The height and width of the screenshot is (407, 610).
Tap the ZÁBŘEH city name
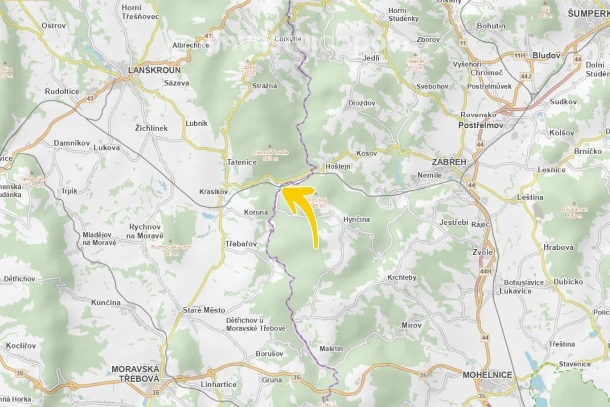point(448,161)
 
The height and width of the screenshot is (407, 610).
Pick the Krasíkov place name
point(212,192)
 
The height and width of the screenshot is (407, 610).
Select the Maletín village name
point(332,349)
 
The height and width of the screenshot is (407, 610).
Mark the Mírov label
point(412,324)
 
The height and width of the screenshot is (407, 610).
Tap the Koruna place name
point(256,212)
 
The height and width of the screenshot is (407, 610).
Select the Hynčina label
point(356,219)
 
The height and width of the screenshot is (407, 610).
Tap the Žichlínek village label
point(151,128)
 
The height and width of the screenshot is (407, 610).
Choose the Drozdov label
point(362,103)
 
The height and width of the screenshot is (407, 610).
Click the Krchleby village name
point(402,278)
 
